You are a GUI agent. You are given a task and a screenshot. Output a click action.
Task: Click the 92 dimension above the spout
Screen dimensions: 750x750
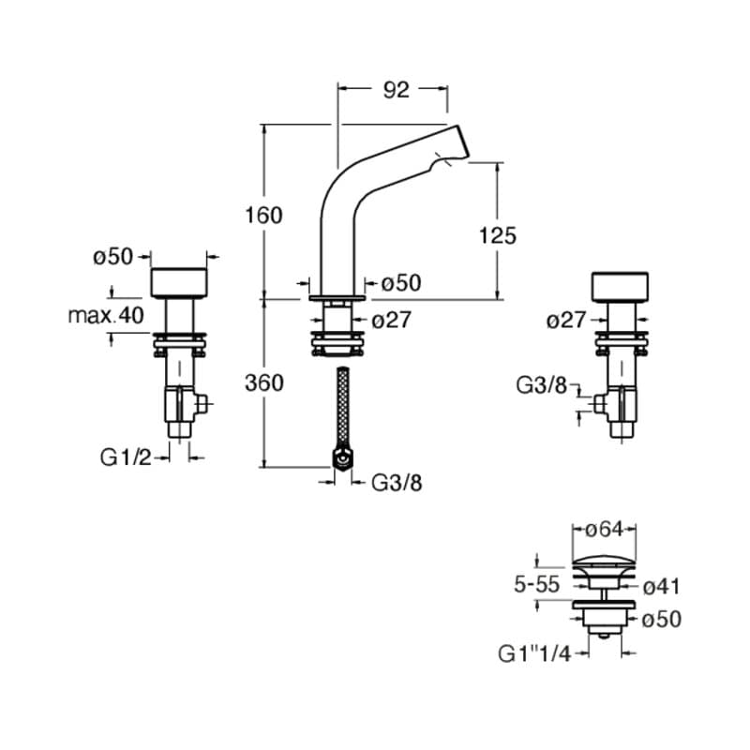397,90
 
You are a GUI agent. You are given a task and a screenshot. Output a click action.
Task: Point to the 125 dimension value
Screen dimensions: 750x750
497,234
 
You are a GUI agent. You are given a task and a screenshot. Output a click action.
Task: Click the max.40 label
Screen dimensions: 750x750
106,315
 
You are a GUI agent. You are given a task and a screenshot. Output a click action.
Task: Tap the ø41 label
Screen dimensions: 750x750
662,587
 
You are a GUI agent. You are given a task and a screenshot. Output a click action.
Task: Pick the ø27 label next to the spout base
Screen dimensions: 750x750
391,321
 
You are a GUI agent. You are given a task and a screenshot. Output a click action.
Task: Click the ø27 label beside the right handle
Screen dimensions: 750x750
565,321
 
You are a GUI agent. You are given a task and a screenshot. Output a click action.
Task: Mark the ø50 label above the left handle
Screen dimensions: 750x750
114,257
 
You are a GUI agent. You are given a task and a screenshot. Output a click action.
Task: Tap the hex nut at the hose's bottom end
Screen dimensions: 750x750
341,459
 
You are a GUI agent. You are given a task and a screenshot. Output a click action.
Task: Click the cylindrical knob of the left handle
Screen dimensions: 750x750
179,282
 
